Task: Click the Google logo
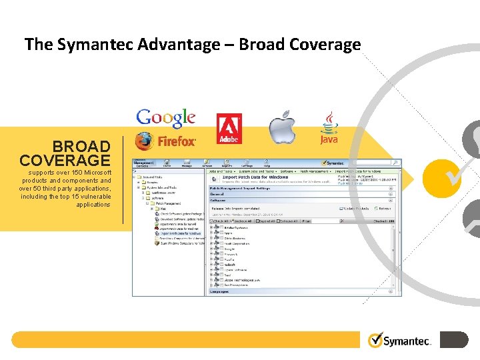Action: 166,118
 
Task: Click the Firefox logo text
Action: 177,141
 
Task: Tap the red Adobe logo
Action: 229,129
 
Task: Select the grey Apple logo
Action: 282,127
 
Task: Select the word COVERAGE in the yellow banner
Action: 65,161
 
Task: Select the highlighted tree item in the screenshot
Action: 180,234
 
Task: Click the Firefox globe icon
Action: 143,141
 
